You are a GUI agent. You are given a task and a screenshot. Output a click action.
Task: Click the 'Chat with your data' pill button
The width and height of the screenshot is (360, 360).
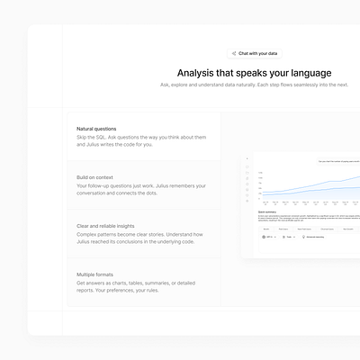pyautogui.click(x=254, y=53)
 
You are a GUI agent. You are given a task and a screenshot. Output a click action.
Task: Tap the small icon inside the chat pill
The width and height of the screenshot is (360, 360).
pyautogui.click(x=234, y=53)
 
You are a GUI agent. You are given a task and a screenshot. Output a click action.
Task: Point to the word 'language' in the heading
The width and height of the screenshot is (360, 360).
pyautogui.click(x=305, y=72)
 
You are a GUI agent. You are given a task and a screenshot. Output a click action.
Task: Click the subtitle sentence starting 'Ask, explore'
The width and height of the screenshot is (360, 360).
pyautogui.click(x=254, y=85)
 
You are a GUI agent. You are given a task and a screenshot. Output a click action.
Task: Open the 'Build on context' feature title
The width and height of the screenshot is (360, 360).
pyautogui.click(x=99, y=177)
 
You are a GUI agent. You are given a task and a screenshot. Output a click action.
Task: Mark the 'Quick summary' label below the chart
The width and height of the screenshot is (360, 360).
pyautogui.click(x=266, y=212)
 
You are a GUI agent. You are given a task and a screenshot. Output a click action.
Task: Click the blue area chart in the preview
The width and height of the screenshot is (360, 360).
pyautogui.click(x=306, y=189)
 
